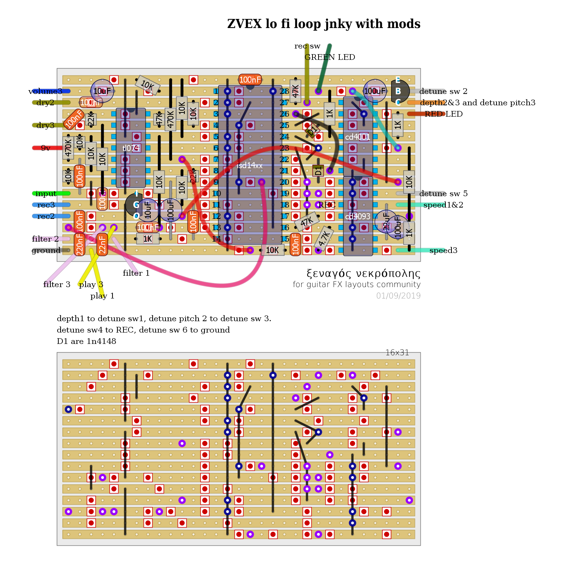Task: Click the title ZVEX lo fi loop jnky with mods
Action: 323,24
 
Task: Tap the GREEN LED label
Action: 330,57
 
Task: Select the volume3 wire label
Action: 45,91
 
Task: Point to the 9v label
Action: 45,148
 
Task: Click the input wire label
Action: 45,194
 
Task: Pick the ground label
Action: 46,250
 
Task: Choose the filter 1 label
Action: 136,273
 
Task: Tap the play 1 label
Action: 102,296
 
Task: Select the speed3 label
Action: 443,250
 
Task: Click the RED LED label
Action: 443,114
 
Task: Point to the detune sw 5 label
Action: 443,194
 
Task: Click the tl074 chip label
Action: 131,148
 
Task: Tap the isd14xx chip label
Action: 250,166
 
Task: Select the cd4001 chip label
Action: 357,137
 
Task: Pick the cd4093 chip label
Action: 358,216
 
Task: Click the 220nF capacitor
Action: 80,244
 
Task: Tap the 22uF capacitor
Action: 386,221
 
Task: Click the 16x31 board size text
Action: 397,353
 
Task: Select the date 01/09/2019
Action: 398,296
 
